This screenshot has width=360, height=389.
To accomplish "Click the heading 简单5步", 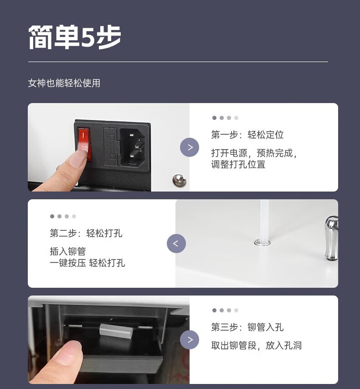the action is [x=75, y=37].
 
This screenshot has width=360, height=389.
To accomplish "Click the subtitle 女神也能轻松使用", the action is [x=64, y=83].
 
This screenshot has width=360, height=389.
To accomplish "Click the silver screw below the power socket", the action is [x=179, y=180].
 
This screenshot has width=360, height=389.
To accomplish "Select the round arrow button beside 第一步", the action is [x=190, y=147].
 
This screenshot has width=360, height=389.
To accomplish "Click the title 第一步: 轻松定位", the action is [x=247, y=135].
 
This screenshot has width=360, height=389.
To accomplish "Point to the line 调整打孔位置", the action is [x=238, y=164].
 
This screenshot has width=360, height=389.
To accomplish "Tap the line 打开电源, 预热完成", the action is [x=254, y=153].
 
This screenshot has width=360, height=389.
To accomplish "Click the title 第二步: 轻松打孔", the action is [x=86, y=233].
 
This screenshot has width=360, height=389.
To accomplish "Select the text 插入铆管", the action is [x=68, y=251].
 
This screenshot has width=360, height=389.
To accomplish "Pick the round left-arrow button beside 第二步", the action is [x=176, y=244].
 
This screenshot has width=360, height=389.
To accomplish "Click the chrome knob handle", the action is [x=331, y=238].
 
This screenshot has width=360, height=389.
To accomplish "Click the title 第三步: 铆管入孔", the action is [x=247, y=327].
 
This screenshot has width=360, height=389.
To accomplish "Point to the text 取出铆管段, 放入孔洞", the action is [x=257, y=345].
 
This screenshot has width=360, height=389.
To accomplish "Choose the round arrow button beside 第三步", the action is [x=190, y=340].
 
